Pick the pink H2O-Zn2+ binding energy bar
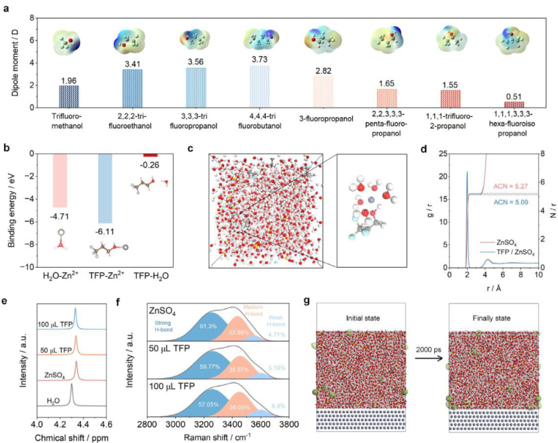pos(61,180)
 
